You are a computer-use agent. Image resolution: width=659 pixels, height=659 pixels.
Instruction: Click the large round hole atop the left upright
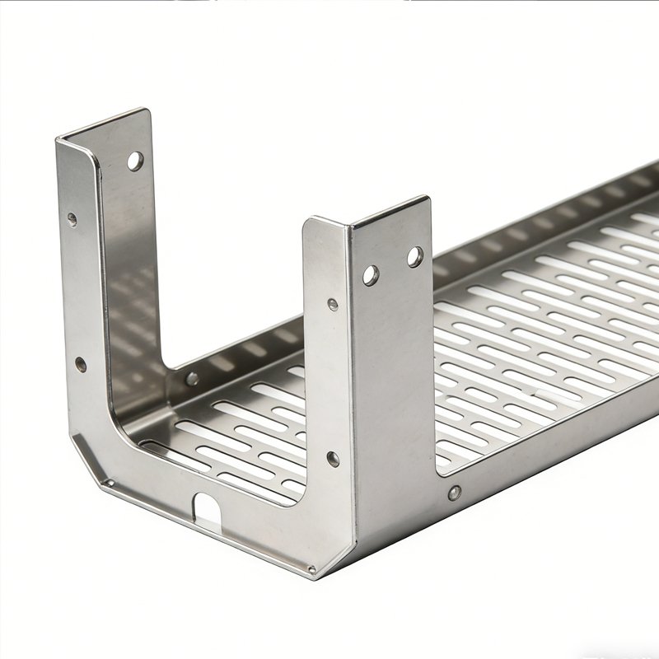[x=134, y=161]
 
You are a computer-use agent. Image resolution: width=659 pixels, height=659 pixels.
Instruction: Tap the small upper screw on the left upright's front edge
[x=72, y=220]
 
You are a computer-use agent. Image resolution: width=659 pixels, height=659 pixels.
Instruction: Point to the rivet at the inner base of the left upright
[x=192, y=379]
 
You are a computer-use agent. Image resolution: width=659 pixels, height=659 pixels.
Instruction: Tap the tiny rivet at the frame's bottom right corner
[x=311, y=568]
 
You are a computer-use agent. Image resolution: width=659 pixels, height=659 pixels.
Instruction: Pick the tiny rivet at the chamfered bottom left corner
[x=106, y=480]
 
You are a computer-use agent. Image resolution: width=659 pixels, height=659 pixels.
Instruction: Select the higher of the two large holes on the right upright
[x=414, y=257]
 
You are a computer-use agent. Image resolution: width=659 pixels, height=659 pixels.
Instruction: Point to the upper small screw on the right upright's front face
[x=332, y=305]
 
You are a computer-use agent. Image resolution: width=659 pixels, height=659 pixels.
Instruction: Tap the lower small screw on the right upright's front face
[x=333, y=459]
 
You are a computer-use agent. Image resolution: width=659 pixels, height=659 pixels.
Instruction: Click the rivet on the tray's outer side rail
[x=453, y=493]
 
